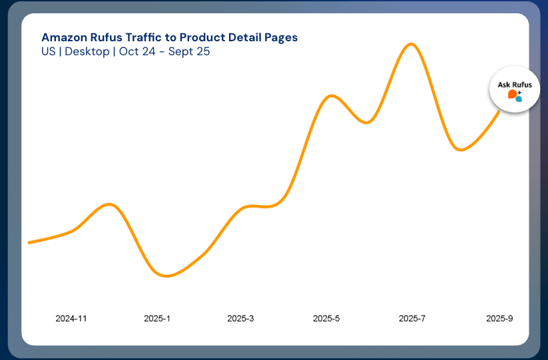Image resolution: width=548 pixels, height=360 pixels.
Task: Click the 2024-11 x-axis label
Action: [x=71, y=319]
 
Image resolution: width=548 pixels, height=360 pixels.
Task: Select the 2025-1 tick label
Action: [x=157, y=319]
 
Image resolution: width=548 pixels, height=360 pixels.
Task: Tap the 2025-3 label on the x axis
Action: [x=240, y=319]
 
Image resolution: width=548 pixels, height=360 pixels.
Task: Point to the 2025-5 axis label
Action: [x=326, y=319]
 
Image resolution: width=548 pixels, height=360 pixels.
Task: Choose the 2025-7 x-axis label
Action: [x=412, y=319]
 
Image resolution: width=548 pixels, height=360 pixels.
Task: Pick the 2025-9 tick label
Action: [x=499, y=319]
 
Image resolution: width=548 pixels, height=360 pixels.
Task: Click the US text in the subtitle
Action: [x=48, y=51]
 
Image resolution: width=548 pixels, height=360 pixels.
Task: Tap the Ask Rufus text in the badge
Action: [x=514, y=85]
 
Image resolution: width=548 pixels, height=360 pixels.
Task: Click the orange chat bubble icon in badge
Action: [x=512, y=94]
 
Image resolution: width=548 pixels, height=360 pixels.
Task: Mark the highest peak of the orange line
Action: [x=411, y=45]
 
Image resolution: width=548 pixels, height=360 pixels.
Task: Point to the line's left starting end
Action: [x=29, y=243]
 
